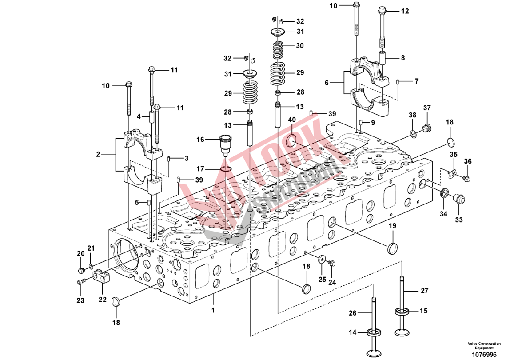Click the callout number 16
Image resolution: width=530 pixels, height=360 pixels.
[x=200, y=140]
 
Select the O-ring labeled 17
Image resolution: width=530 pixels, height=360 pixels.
[x=226, y=169]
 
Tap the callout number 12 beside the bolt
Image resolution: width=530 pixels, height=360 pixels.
[x=405, y=12]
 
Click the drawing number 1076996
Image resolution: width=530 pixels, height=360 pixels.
[x=484, y=354]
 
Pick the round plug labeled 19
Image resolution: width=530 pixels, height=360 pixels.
[x=392, y=248]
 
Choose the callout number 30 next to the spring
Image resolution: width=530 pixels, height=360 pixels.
[x=300, y=46]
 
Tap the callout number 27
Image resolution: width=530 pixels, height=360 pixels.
[x=425, y=291]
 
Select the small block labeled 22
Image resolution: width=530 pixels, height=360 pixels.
[x=102, y=278]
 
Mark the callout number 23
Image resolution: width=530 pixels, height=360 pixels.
[x=80, y=300]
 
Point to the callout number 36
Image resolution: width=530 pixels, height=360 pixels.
[x=467, y=161]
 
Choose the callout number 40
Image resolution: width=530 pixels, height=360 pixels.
[x=292, y=120]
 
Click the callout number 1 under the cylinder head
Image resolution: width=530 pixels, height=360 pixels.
[x=213, y=310]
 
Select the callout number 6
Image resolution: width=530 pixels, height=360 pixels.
[x=327, y=83]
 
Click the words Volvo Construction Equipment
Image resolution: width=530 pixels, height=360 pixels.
[x=484, y=346]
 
